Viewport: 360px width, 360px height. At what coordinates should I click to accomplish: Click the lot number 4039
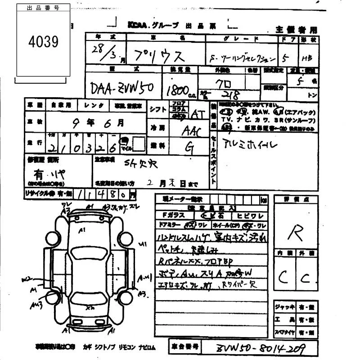[43, 42]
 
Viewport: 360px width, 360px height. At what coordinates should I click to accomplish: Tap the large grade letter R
[295, 233]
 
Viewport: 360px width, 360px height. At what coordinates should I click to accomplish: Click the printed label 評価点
[295, 199]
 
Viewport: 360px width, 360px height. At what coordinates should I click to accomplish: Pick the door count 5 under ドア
[284, 58]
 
